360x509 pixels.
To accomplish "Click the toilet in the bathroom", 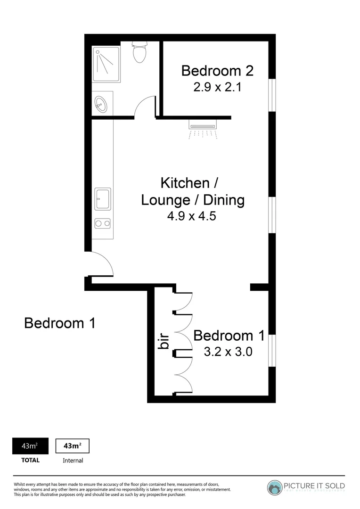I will (x=139, y=52).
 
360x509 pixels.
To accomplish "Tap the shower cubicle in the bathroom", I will (x=106, y=65).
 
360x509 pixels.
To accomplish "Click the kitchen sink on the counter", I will (x=102, y=198).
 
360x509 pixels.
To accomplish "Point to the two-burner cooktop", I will (x=102, y=223).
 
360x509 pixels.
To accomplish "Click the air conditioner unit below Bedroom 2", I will (x=203, y=125).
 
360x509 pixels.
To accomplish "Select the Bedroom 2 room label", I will (x=217, y=71).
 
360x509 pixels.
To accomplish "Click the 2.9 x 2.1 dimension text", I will (x=217, y=87).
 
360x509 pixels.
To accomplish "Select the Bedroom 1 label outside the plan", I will (x=60, y=323).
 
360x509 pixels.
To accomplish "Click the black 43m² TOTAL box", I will (x=30, y=446).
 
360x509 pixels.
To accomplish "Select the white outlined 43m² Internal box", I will (x=72, y=446).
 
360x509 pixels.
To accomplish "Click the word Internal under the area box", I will (x=73, y=460).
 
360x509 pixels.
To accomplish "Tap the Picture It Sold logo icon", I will (x=275, y=487).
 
